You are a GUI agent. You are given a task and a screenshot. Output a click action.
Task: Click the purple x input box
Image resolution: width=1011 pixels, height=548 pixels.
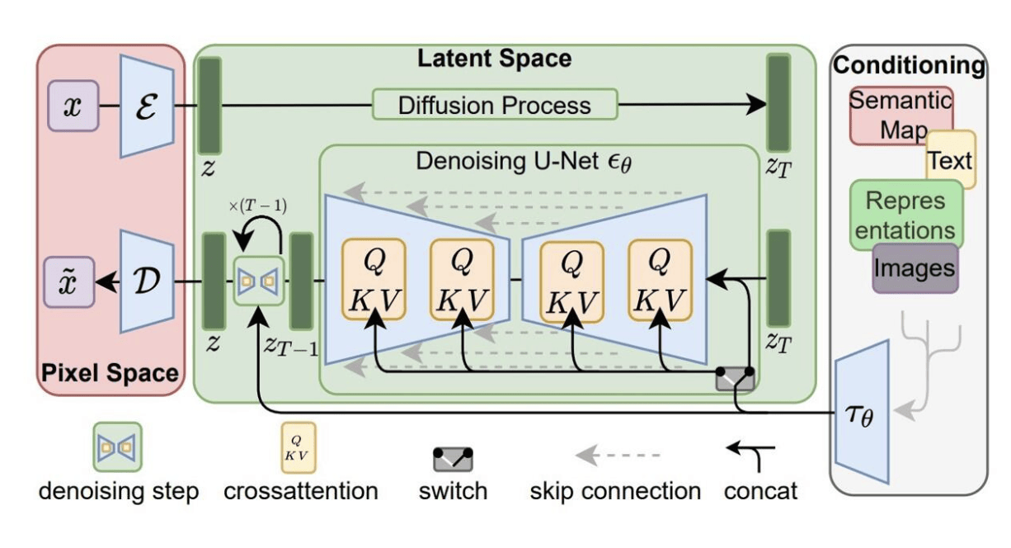click(73, 106)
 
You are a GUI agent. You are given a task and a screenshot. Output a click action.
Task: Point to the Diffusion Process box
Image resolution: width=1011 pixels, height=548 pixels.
click(495, 105)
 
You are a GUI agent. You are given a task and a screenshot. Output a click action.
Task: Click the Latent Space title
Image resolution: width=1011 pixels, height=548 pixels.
click(494, 59)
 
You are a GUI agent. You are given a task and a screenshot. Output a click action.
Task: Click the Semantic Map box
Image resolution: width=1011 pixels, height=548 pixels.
click(900, 115)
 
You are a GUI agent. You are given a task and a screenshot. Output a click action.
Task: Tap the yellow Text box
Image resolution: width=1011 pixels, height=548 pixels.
click(951, 159)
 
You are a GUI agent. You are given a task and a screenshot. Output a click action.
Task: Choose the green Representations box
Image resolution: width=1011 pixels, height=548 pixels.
click(905, 215)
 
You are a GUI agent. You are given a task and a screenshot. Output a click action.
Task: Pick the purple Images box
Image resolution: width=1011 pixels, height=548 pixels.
click(915, 268)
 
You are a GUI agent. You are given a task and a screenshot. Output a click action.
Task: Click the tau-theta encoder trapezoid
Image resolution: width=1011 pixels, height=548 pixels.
click(862, 413)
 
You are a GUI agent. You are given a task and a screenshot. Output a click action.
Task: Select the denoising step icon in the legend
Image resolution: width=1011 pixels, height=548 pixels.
click(117, 446)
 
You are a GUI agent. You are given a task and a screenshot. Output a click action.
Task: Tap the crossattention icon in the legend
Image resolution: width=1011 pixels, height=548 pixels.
click(299, 446)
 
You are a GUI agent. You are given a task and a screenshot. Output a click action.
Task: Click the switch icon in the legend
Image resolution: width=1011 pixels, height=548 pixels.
click(454, 459)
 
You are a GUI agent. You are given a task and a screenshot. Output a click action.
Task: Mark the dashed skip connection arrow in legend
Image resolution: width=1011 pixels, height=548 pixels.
click(617, 455)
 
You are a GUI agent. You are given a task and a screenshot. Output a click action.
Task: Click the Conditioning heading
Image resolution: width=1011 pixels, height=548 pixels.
click(909, 65)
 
